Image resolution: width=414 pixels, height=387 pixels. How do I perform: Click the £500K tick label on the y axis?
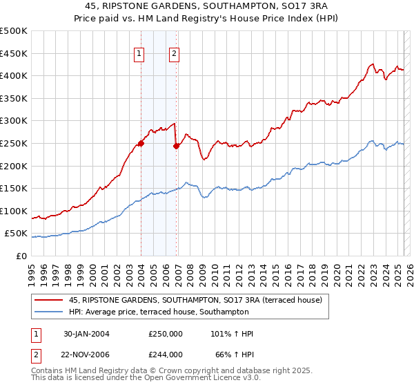point(14,31)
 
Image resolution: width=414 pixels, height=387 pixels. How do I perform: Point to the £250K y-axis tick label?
point(14,143)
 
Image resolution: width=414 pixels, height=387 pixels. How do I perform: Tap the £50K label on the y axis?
point(17,234)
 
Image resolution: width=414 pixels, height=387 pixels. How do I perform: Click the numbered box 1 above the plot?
point(139,55)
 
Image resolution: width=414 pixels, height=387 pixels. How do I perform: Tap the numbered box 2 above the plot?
point(174,55)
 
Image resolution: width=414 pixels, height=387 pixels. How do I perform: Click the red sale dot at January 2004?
point(141,143)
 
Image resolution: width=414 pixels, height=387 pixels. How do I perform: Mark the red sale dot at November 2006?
point(176,146)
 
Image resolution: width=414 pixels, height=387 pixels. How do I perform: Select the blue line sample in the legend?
point(49,312)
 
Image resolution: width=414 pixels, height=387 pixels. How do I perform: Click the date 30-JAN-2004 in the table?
point(86,334)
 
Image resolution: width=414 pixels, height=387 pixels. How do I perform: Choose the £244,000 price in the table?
point(166,355)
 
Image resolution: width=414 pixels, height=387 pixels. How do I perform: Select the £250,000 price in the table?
point(166,334)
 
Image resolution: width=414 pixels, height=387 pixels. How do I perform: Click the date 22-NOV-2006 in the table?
point(87,355)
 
